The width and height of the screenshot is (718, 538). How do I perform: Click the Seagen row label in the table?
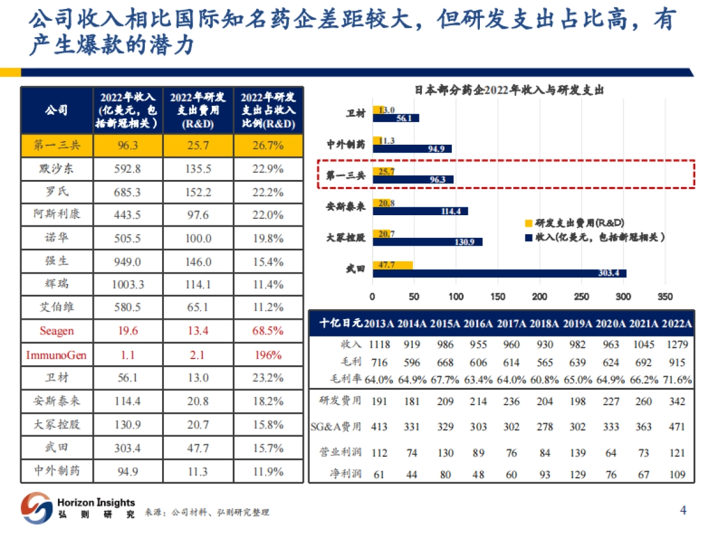click(x=56, y=331)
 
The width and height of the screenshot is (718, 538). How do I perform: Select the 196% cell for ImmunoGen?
click(x=267, y=354)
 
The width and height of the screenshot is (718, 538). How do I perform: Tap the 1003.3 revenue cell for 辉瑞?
click(x=127, y=285)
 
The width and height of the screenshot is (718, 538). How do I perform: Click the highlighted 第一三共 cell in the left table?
click(x=56, y=145)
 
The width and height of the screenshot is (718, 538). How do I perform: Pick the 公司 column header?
click(x=56, y=110)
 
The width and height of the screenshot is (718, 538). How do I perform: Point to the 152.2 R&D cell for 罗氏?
click(x=197, y=192)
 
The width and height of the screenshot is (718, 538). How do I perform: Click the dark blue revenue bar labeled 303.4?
click(x=499, y=273)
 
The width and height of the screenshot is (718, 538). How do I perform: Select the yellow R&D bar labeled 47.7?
click(x=393, y=265)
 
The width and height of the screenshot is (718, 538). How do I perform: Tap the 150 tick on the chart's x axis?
click(x=497, y=296)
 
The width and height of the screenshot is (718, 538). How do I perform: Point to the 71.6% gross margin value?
click(x=677, y=380)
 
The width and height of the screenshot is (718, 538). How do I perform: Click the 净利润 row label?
click(x=346, y=475)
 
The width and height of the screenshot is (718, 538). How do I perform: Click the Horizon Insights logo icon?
click(x=36, y=508)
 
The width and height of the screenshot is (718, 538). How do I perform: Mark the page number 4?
click(x=683, y=510)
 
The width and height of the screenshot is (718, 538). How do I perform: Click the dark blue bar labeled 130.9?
click(x=427, y=242)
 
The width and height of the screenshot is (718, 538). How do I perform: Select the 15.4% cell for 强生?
click(x=267, y=261)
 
